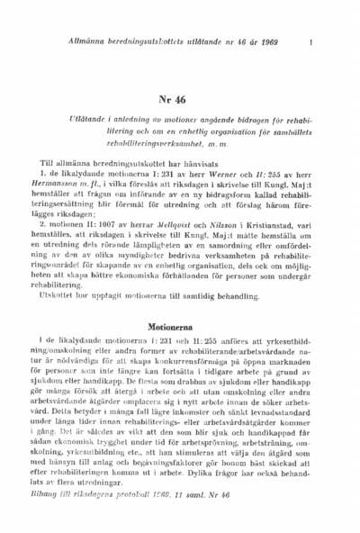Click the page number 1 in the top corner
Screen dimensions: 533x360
pyautogui.click(x=310, y=42)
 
